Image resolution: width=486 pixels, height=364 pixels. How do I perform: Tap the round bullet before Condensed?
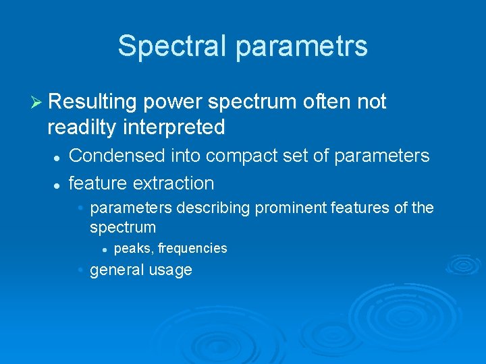[x=57, y=157]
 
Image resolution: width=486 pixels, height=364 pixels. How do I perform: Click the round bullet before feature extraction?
[x=57, y=184]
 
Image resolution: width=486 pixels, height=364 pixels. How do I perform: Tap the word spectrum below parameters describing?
[x=123, y=227]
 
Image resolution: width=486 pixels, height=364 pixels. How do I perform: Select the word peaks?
[x=134, y=249]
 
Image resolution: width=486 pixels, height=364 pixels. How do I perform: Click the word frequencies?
[x=193, y=249]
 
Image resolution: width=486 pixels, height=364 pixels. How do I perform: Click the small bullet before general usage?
[x=80, y=270]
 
